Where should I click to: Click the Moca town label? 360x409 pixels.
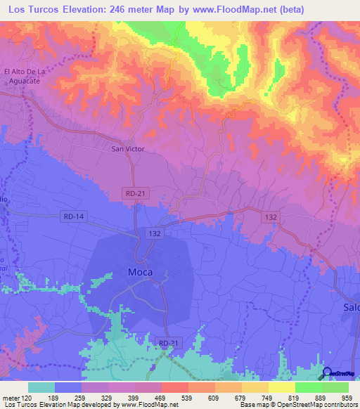click(x=141, y=272)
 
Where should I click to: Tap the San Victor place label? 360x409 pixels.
click(x=127, y=149)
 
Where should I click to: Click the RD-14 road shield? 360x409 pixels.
click(x=72, y=216)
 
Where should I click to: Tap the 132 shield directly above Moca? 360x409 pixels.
click(x=156, y=231)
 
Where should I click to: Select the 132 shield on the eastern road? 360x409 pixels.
click(x=271, y=217)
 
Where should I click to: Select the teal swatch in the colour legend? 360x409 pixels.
click(x=41, y=387)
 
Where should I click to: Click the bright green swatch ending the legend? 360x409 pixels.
click(x=335, y=387)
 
